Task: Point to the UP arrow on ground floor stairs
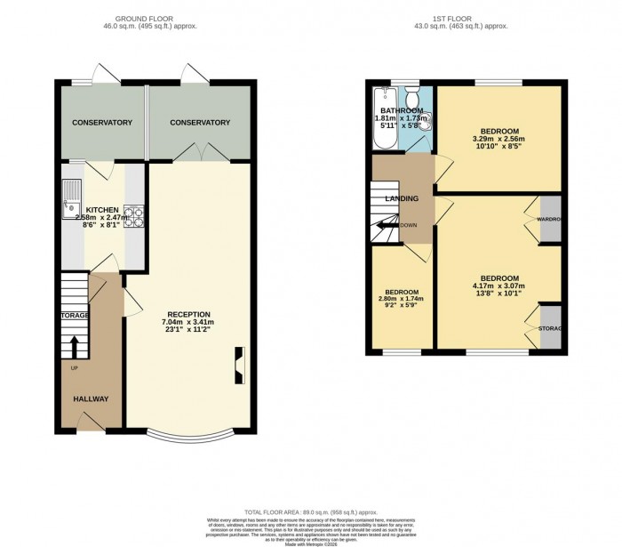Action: point(74,345)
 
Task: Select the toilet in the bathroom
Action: point(424,121)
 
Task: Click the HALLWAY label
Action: point(90,399)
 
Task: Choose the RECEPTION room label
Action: point(188,314)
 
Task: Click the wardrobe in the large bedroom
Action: point(551,218)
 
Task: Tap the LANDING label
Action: point(402,198)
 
